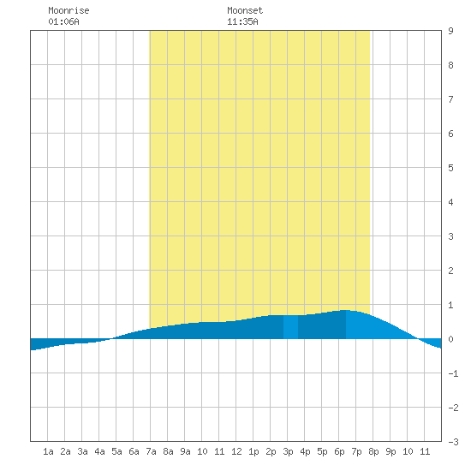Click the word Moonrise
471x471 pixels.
pyautogui.click(x=69, y=10)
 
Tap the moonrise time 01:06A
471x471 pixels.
pyautogui.click(x=63, y=21)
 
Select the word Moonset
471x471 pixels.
pyautogui.click(x=245, y=10)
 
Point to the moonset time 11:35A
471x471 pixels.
pyautogui.click(x=242, y=21)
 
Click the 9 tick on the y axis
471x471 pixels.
pyautogui.click(x=450, y=31)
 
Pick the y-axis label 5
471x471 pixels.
pyautogui.click(x=450, y=168)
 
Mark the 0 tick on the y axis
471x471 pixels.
pyautogui.click(x=450, y=339)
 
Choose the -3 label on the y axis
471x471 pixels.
pyautogui.click(x=453, y=442)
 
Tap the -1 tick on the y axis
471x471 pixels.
pyautogui.click(x=453, y=373)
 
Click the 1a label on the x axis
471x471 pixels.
pyautogui.click(x=48, y=451)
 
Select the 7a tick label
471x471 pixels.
pyautogui.click(x=151, y=451)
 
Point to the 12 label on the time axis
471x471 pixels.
pyautogui.click(x=236, y=451)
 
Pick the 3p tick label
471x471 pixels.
pyautogui.click(x=288, y=451)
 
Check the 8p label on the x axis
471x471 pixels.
pyautogui.click(x=373, y=451)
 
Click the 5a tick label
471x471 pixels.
pyautogui.click(x=116, y=451)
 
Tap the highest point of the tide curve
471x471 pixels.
pyautogui.click(x=345, y=310)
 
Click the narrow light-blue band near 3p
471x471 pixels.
pyautogui.click(x=290, y=327)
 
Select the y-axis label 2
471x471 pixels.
pyautogui.click(x=450, y=271)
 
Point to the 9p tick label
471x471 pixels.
pyautogui.click(x=391, y=451)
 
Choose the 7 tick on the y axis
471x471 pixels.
pyautogui.click(x=450, y=99)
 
